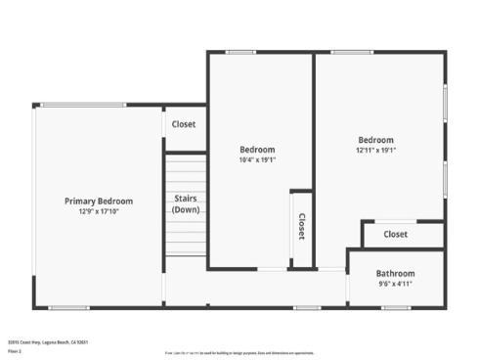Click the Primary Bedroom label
(x=99, y=201)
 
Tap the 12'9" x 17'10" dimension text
(x=99, y=210)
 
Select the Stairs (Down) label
(x=186, y=203)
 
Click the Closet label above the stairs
(x=184, y=124)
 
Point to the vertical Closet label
(x=301, y=227)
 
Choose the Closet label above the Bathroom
(x=395, y=235)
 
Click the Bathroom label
(x=395, y=274)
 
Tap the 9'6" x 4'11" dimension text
(x=395, y=284)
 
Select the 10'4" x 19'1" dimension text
(x=257, y=159)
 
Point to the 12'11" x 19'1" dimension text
(x=375, y=150)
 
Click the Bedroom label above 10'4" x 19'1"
(x=257, y=150)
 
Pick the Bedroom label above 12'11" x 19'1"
(x=375, y=140)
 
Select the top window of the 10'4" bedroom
(x=240, y=52)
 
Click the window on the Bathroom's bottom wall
(x=396, y=307)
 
